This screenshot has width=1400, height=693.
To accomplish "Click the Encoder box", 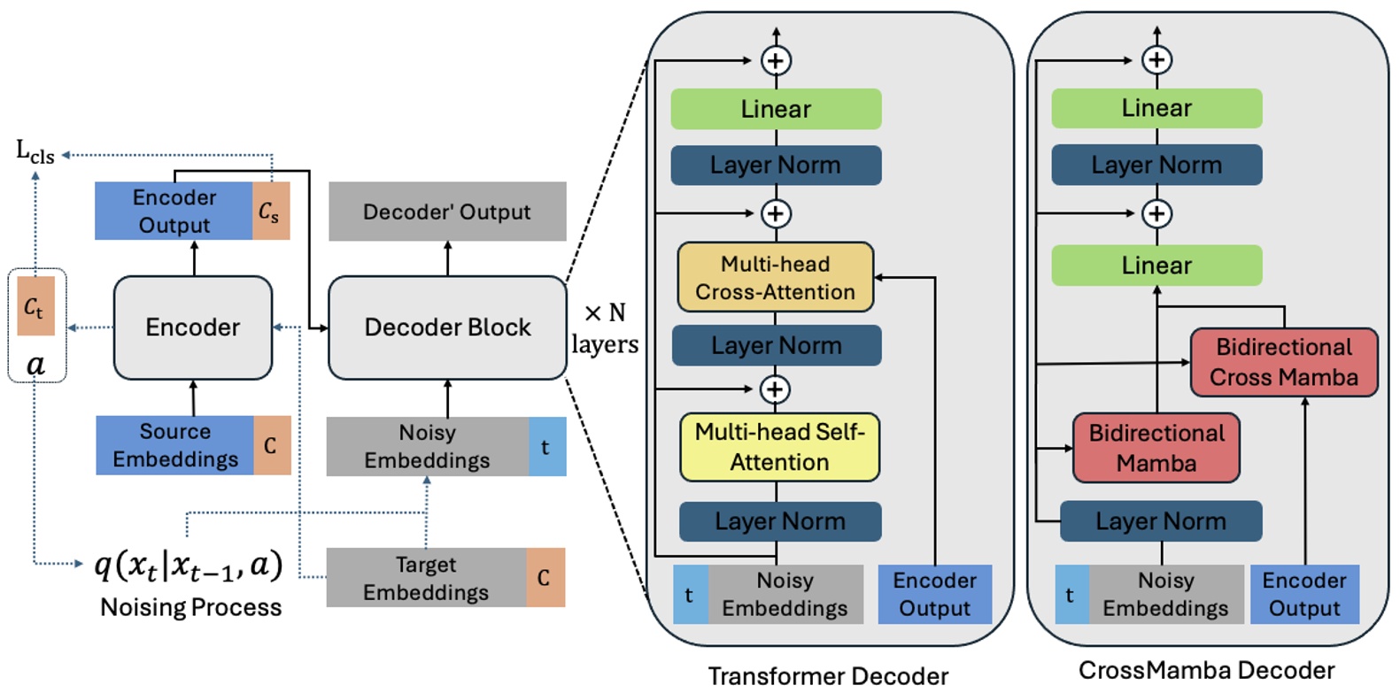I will (193, 327).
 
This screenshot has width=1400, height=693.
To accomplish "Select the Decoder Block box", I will (447, 327).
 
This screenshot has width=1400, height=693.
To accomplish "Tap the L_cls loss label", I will (35, 152).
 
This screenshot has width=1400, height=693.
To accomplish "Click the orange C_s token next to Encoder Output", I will (269, 212).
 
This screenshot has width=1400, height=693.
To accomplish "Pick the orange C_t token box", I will (35, 306).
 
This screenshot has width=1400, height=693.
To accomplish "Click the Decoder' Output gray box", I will (447, 212).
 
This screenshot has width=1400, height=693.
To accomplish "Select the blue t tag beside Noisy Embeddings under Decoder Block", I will (546, 447).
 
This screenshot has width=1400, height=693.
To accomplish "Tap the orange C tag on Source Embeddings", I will (271, 445).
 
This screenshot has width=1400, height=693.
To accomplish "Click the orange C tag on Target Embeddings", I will (545, 578).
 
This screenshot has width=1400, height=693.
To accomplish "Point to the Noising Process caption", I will (191, 607).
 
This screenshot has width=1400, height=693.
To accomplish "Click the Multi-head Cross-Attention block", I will (775, 278).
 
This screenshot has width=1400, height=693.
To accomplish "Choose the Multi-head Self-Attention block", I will (779, 447).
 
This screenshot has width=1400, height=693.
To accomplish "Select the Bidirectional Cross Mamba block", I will (1284, 362).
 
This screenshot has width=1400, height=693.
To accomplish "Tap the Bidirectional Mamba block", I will (1156, 448).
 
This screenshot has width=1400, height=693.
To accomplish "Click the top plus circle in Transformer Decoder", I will (776, 60).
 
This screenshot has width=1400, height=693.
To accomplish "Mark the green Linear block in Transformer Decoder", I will (776, 109).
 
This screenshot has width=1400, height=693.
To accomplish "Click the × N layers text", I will (605, 328).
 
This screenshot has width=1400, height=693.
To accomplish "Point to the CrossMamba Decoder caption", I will (1206, 670).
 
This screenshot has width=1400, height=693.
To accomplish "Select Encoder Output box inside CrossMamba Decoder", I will (1304, 594).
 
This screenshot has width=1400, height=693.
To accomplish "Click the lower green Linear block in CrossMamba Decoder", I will (1156, 266).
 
